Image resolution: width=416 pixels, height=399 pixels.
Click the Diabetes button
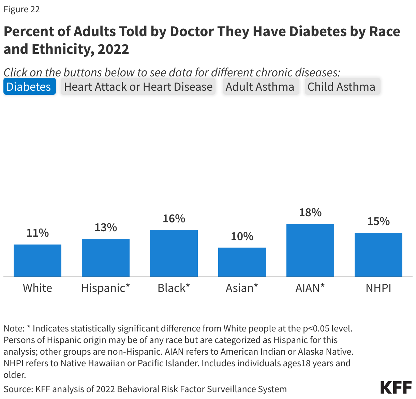tap(29, 87)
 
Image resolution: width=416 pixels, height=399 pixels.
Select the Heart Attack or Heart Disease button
tap(138, 87)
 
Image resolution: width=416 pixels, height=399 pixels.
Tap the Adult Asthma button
tap(260, 87)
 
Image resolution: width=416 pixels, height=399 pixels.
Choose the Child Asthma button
tap(341, 87)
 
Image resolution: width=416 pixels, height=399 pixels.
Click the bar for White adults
tap(38, 261)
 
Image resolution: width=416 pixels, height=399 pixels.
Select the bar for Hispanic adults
tap(106, 258)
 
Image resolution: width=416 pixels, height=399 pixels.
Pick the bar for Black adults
tap(174, 253)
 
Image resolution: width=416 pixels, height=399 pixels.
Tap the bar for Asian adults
tap(242, 262)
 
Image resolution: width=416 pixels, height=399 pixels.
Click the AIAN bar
tap(310, 250)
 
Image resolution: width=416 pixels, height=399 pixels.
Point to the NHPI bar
tap(378, 255)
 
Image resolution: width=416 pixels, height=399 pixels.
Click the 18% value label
tap(310, 212)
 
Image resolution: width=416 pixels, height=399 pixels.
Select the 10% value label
tap(242, 236)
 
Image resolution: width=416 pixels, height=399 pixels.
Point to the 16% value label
tap(174, 218)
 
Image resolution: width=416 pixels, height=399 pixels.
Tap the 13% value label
tap(106, 227)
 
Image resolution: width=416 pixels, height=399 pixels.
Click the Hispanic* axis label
tap(106, 288)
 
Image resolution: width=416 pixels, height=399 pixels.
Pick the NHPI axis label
tap(378, 288)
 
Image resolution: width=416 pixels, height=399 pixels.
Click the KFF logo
tap(396, 388)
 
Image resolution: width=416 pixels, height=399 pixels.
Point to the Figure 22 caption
tap(22, 9)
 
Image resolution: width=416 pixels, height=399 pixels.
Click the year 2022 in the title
tap(113, 49)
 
